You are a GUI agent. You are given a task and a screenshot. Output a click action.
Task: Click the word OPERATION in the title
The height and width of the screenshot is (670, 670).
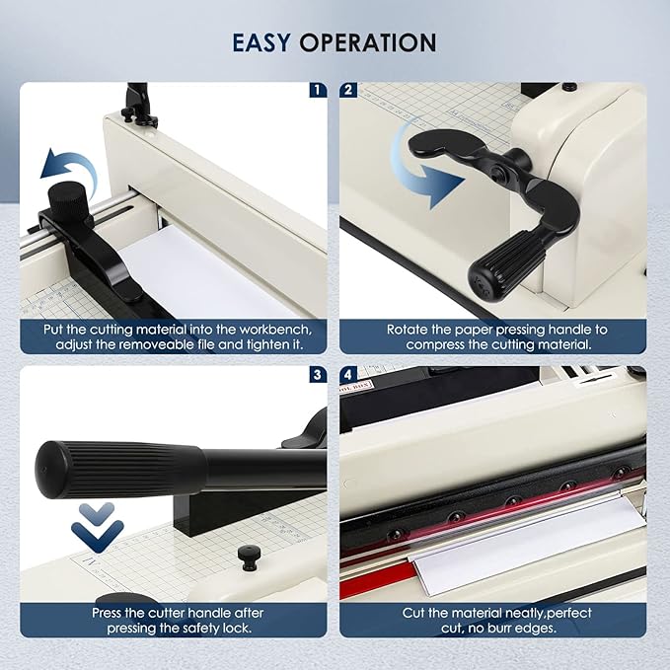tap(368, 42)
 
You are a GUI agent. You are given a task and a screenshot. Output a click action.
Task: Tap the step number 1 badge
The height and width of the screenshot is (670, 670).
tap(316, 90)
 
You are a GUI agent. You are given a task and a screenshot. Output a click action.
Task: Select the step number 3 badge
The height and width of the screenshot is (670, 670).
tap(316, 374)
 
